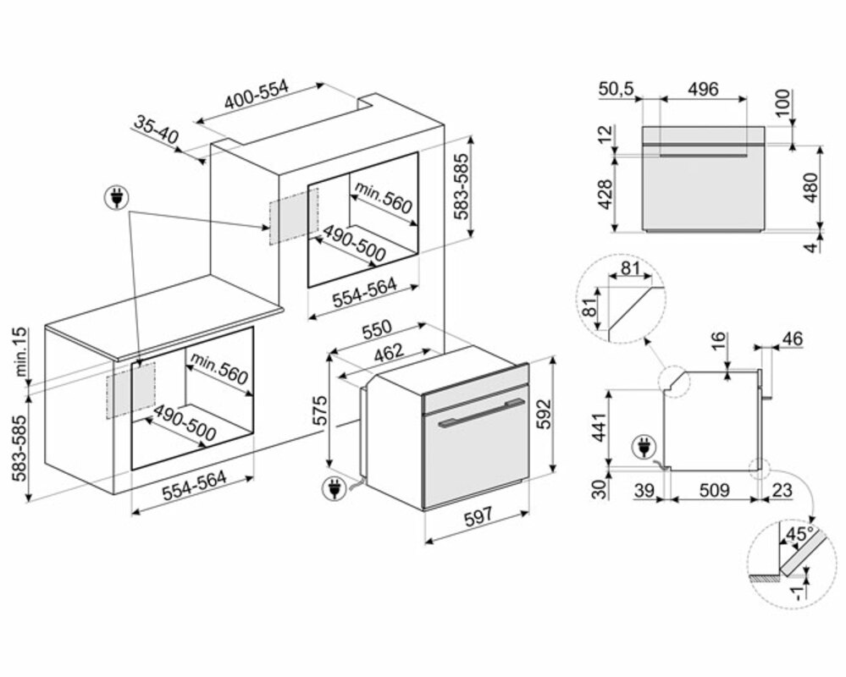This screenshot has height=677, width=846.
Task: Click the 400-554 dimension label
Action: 257,95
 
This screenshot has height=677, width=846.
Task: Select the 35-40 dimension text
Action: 156,129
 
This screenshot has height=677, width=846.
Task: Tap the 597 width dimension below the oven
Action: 478,516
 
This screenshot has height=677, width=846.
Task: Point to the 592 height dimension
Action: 545,414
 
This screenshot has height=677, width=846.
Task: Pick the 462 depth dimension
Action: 389,352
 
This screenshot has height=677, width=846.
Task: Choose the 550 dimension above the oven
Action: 376,329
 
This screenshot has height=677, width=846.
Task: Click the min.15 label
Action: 21,352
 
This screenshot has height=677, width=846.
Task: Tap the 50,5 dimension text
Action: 616,89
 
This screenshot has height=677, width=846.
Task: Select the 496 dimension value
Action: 704,89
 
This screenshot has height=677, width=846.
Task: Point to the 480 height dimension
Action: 811,187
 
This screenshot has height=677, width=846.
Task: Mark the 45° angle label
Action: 799,535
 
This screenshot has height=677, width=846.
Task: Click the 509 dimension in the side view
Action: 714,490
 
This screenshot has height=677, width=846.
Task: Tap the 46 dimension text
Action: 792,339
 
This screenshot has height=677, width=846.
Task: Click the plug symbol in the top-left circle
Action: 115,198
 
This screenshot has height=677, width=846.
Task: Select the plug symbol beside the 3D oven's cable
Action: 333,489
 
